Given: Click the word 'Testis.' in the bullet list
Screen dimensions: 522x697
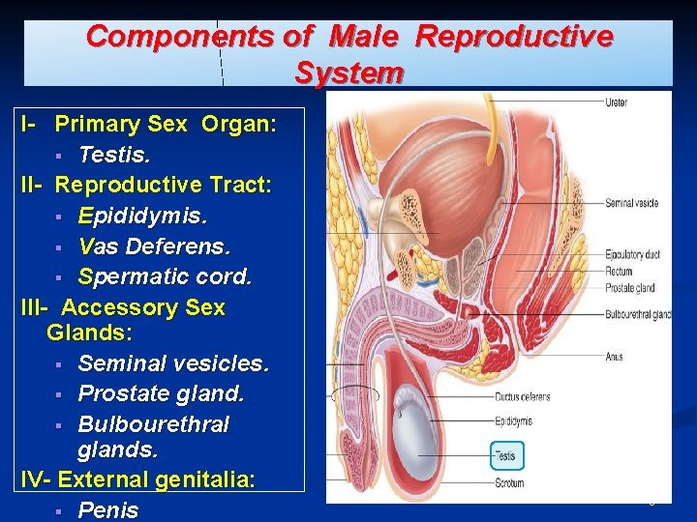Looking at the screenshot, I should click(x=114, y=154).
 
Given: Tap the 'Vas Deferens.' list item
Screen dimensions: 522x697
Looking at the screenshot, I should click(x=154, y=246).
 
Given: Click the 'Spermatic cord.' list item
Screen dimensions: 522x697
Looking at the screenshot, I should click(x=165, y=276).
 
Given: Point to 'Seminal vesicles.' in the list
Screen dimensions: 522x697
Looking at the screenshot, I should click(x=173, y=363).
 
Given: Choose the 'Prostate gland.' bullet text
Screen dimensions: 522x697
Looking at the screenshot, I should click(x=161, y=393).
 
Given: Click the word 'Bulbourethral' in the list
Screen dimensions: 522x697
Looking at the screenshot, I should click(x=153, y=424).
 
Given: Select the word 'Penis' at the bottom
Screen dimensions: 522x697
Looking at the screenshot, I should click(x=108, y=509).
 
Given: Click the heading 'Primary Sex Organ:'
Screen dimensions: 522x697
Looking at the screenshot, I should click(x=166, y=124).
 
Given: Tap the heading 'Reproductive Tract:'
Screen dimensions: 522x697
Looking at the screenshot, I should click(x=163, y=184).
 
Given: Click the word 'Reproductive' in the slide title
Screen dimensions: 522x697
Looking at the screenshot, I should click(x=513, y=37).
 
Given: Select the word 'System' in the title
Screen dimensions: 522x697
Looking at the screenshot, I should click(x=348, y=72).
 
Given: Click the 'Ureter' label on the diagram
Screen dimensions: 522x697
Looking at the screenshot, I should click(x=616, y=102).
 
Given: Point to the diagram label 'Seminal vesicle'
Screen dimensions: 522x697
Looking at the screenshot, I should click(x=631, y=203).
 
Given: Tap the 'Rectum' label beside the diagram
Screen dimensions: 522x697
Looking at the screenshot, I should click(x=619, y=272).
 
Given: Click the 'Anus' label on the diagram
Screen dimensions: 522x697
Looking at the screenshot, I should click(x=614, y=357).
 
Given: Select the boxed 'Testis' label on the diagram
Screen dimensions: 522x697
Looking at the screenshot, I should click(x=506, y=455).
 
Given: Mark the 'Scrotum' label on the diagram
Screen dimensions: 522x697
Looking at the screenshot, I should click(x=509, y=483).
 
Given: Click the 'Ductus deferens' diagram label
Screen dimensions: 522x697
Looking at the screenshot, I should click(x=523, y=396).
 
